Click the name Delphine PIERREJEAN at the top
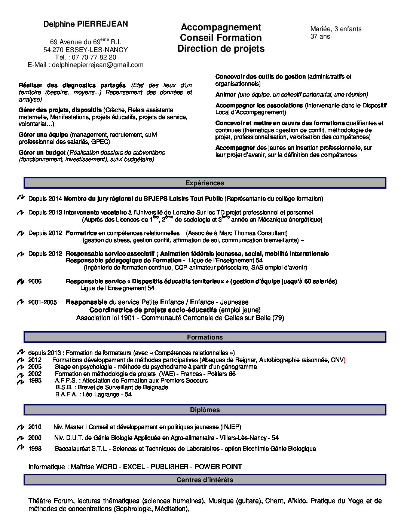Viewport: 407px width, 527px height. tap(85, 24)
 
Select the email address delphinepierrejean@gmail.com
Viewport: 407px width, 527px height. tap(98, 65)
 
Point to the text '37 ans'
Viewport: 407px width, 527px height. tap(320, 37)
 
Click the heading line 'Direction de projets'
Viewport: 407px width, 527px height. tap(221, 49)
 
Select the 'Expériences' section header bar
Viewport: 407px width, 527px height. tap(205, 183)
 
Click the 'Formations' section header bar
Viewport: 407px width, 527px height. tap(205, 337)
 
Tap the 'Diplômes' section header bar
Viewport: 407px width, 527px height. tap(205, 410)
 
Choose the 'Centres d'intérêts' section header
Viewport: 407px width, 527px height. tap(205, 480)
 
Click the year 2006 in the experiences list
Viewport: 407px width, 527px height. tap(35, 281)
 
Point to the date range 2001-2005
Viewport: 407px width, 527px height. tap(43, 302)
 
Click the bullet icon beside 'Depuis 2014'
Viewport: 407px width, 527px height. tap(21, 197)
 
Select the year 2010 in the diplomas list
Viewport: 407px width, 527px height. tap(35, 427)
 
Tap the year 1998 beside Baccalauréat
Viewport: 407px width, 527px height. tap(35, 449)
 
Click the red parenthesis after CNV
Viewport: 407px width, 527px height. tap(345, 360)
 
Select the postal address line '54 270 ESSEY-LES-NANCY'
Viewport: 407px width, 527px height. tap(85, 50)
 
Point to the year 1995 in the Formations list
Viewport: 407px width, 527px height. tap(35, 381)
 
